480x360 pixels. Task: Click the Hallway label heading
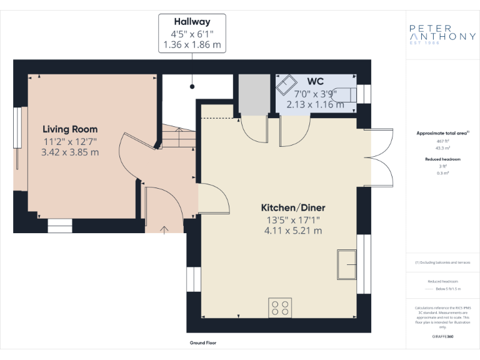pyautogui.click(x=192, y=22)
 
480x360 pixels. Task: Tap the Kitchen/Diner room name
pyautogui.click(x=293, y=207)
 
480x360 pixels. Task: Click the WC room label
pyautogui.click(x=315, y=82)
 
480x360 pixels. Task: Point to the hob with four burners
pyautogui.click(x=280, y=307)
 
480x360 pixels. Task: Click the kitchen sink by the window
pyautogui.click(x=346, y=264)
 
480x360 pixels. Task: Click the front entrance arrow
pyautogui.click(x=165, y=229)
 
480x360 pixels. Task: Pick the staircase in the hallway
pyautogui.click(x=178, y=137)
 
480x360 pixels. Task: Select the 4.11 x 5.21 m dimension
pyautogui.click(x=293, y=231)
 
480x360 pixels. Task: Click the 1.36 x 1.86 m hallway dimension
pyautogui.click(x=192, y=44)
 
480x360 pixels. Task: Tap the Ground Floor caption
pyautogui.click(x=203, y=342)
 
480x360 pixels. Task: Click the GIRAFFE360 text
pyautogui.click(x=442, y=337)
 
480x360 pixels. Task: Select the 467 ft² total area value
pyautogui.click(x=442, y=141)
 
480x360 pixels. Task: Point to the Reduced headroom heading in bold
pyautogui.click(x=442, y=159)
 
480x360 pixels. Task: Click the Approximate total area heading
pyautogui.click(x=442, y=133)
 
